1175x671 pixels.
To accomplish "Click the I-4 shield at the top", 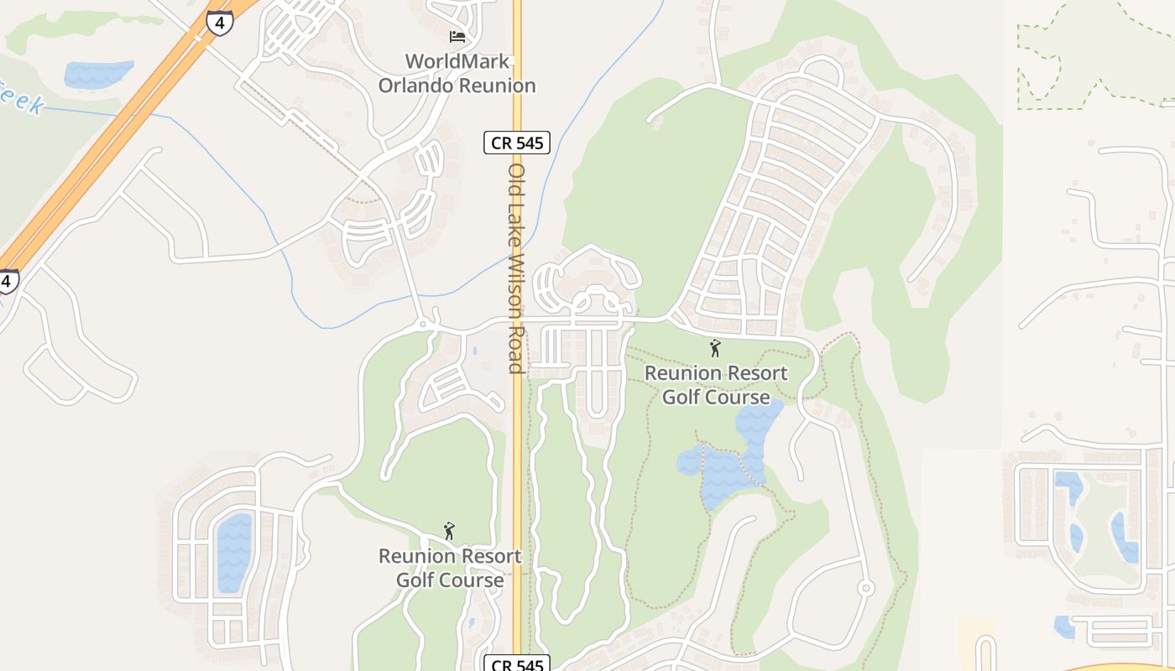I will (x=219, y=22).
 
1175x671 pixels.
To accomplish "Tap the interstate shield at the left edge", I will (x=8, y=281).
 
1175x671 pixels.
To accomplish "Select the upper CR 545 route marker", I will (x=517, y=143).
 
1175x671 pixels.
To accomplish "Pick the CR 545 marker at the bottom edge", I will (x=517, y=664).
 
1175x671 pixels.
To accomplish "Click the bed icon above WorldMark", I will (x=457, y=37).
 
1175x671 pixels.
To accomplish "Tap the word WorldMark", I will (x=457, y=61).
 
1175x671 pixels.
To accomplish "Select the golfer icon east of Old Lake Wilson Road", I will (x=715, y=348).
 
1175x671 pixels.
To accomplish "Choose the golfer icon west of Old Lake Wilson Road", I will (x=449, y=531).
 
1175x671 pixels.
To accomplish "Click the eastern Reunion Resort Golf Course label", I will (x=716, y=384).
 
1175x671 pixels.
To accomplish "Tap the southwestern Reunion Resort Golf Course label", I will (x=450, y=568).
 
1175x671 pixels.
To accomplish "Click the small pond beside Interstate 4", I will (x=98, y=74).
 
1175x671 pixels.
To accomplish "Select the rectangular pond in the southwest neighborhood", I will (x=234, y=553).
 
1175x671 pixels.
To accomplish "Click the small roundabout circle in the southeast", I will (x=866, y=588).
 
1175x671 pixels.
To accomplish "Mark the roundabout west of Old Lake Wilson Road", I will (x=424, y=323).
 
